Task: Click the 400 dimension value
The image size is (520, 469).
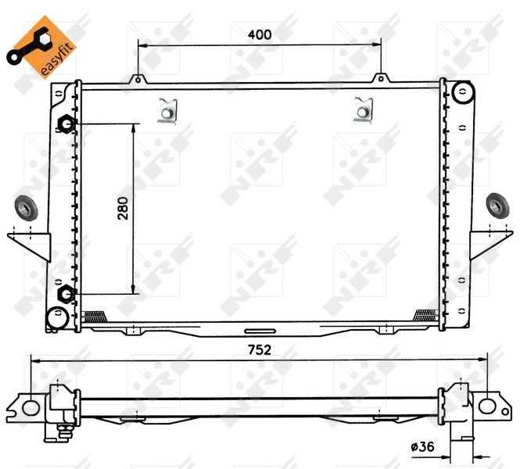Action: (x=260, y=34)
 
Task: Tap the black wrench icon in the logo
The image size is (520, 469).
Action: (x=28, y=47)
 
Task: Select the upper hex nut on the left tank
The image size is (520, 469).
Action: (x=66, y=124)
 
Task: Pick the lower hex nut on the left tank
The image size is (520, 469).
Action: (x=66, y=294)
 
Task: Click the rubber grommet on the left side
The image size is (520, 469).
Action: (x=27, y=209)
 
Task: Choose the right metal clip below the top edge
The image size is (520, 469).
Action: (x=363, y=110)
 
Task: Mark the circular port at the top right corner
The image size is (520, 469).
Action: (x=462, y=93)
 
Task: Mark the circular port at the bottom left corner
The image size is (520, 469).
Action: (x=56, y=317)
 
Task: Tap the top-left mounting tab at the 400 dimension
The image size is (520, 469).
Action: (x=138, y=78)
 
